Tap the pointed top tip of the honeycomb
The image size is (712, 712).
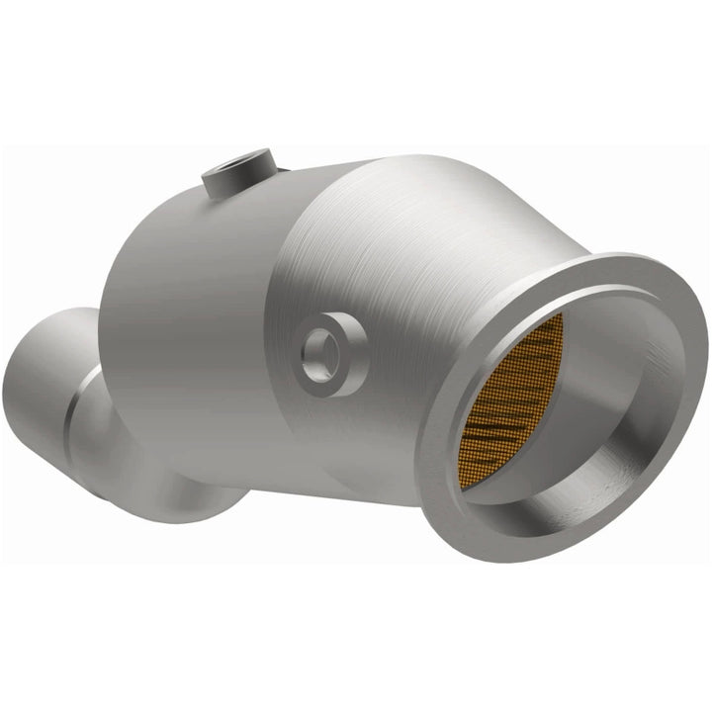click(x=558, y=318)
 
